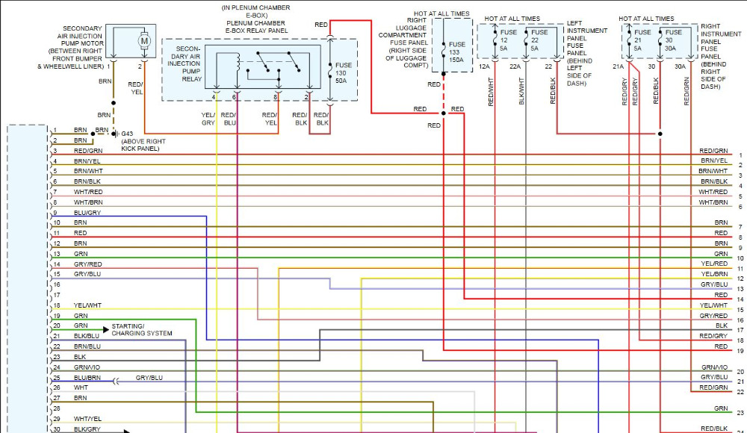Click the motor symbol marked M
(144, 42)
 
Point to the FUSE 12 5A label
(508, 40)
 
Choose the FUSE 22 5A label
(539, 40)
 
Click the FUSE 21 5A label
(642, 40)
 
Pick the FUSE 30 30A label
(673, 40)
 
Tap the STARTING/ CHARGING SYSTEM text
(142, 330)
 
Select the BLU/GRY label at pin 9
(87, 213)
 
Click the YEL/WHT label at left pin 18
(87, 305)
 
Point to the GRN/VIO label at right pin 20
(714, 367)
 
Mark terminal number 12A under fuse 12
(484, 66)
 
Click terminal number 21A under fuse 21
(619, 66)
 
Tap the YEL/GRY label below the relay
(208, 119)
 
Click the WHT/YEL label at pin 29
(87, 419)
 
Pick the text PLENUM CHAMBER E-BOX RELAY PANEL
(255, 28)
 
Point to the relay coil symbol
(238, 63)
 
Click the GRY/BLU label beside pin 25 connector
(149, 378)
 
